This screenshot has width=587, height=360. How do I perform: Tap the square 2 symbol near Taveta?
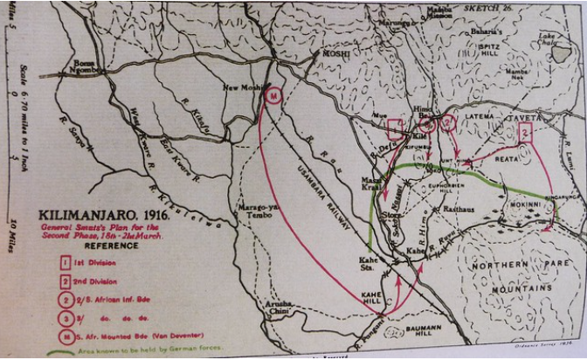coord(524,133)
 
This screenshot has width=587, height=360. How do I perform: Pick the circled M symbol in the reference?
coord(66,331)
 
